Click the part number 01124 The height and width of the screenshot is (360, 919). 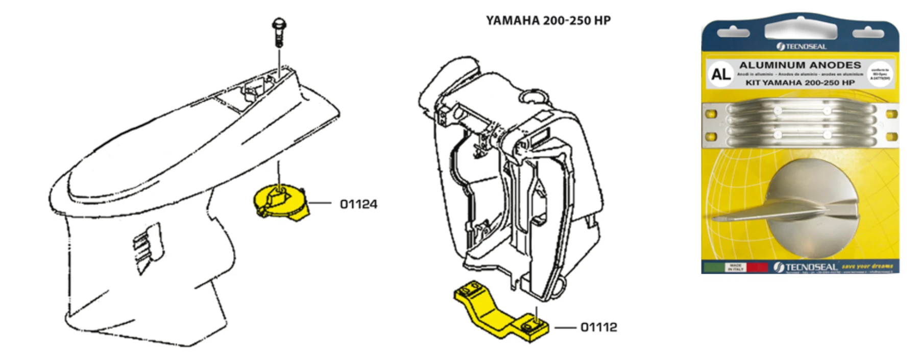click(x=358, y=204)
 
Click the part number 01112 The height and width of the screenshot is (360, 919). click(x=598, y=327)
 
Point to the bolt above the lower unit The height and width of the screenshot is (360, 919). click(x=279, y=32)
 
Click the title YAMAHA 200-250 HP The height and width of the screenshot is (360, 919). click(x=548, y=20)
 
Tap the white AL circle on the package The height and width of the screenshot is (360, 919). click(x=720, y=75)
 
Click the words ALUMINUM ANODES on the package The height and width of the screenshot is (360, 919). click(x=800, y=65)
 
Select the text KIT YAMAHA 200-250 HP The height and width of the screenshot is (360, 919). click(x=800, y=83)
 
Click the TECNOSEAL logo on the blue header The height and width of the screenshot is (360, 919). click(x=801, y=46)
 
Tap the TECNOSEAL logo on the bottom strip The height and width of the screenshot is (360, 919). click(x=805, y=267)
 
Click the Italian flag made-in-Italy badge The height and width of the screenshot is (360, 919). click(x=735, y=267)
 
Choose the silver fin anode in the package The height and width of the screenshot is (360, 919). click(x=796, y=209)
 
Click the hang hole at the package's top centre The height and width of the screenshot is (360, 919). click(x=801, y=31)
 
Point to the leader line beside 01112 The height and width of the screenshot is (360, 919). click(x=566, y=327)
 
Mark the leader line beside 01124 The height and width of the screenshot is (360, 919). click(x=320, y=203)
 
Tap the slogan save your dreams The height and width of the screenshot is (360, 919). click(x=867, y=267)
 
